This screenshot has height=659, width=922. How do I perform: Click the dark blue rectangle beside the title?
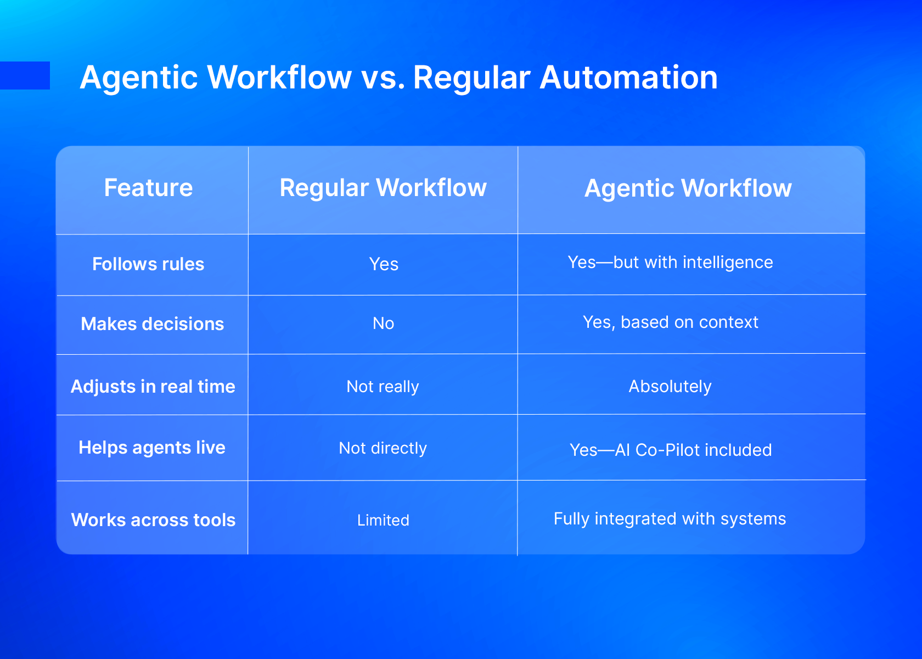[25, 75]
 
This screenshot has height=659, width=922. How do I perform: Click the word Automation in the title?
[628, 77]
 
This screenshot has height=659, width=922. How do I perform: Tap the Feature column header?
[148, 188]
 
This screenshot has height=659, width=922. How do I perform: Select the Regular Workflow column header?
[383, 188]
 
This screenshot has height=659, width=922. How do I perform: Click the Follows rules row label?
[148, 264]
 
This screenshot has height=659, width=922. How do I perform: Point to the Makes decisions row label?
[153, 324]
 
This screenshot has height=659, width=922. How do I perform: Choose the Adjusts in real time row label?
[153, 387]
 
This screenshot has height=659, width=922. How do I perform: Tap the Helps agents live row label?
[152, 448]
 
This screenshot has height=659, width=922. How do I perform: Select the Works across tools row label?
[153, 520]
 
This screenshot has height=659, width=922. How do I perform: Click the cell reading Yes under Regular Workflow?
[384, 264]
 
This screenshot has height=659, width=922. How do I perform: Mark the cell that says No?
[383, 323]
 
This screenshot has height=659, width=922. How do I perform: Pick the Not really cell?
[383, 387]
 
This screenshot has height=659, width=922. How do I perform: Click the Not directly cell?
[383, 448]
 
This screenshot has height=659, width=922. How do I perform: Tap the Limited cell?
[383, 520]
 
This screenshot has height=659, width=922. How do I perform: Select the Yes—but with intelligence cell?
[671, 263]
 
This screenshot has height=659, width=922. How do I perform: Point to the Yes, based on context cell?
[671, 322]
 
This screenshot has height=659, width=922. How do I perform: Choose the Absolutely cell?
[670, 387]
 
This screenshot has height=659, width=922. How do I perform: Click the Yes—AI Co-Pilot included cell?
[671, 450]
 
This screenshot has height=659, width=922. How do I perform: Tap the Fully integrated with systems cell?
[670, 518]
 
